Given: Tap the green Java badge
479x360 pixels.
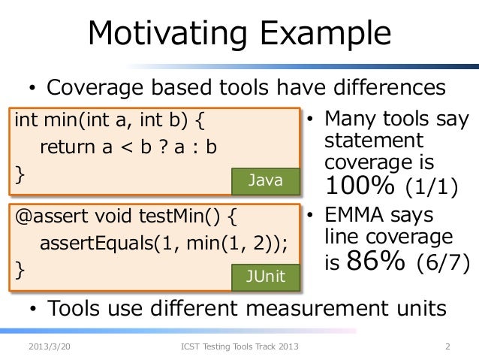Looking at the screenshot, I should (267, 180).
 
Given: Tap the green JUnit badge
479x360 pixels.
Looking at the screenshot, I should (267, 276).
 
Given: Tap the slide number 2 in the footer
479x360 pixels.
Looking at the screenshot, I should (447, 346).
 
